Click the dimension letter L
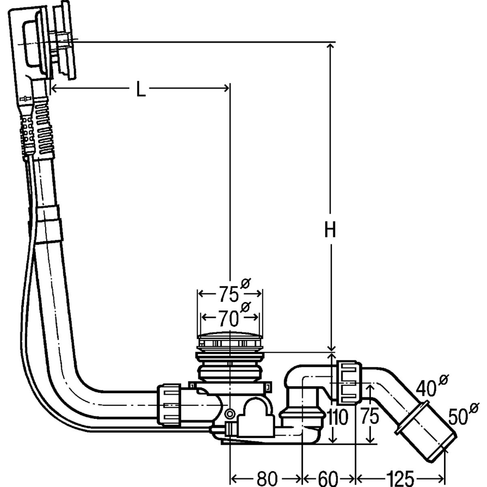tap(141, 89)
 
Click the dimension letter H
tap(330, 229)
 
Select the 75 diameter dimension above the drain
tap(229, 294)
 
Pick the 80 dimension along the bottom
tap(267, 478)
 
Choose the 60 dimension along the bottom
tap(328, 478)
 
